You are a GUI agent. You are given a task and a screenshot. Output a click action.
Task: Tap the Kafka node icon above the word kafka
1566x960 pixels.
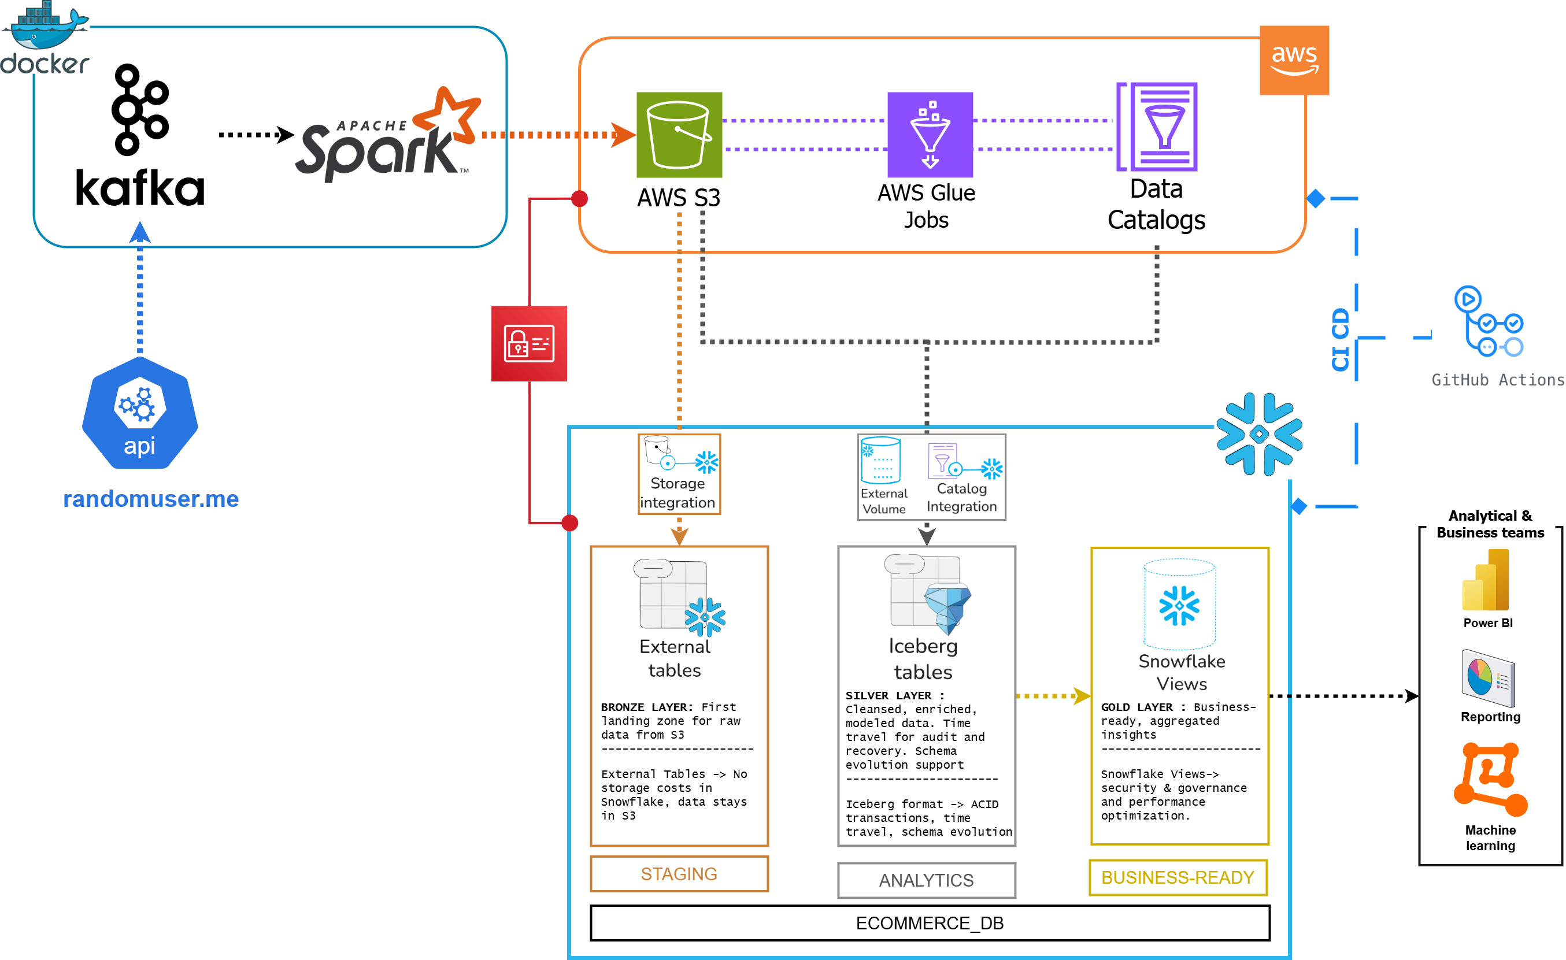140,109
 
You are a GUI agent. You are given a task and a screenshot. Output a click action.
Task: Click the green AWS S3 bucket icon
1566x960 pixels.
679,135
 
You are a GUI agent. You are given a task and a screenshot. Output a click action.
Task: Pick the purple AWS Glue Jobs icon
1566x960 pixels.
929,135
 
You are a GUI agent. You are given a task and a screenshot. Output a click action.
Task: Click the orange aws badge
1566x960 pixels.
1293,60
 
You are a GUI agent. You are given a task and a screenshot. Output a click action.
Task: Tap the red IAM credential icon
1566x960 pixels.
529,344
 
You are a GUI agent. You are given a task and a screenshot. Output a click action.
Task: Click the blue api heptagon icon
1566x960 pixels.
140,413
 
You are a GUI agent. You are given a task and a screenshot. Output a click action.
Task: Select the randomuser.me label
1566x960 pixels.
151,499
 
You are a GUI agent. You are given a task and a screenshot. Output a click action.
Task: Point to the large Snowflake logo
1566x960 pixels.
1258,435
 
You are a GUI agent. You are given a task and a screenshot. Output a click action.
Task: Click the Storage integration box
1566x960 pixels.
679,474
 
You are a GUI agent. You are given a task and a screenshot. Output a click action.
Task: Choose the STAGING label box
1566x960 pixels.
679,873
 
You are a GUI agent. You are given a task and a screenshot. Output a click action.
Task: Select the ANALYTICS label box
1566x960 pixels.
926,880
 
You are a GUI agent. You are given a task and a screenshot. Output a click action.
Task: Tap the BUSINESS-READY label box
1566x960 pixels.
1178,877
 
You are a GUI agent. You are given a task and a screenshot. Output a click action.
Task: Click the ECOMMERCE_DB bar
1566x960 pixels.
929,922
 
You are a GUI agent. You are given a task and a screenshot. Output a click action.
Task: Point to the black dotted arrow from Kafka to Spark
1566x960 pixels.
254,135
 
